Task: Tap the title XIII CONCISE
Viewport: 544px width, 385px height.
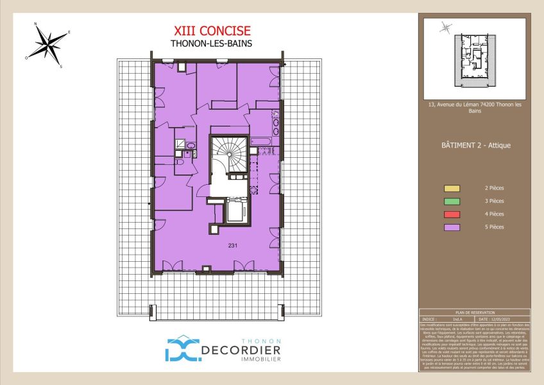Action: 212,31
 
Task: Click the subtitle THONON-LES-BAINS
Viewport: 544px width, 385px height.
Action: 212,44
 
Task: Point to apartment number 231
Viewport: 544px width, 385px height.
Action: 232,246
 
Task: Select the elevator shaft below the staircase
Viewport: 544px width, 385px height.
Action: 236,210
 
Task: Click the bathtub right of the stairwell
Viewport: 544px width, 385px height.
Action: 264,140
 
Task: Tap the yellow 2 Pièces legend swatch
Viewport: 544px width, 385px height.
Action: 452,189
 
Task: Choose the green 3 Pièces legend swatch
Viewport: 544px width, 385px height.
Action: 452,201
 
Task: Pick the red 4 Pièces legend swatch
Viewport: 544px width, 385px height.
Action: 452,214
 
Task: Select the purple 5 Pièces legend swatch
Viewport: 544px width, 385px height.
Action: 452,227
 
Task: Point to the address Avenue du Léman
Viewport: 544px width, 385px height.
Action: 475,107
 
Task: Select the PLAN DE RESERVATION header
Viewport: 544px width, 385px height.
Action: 475,312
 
